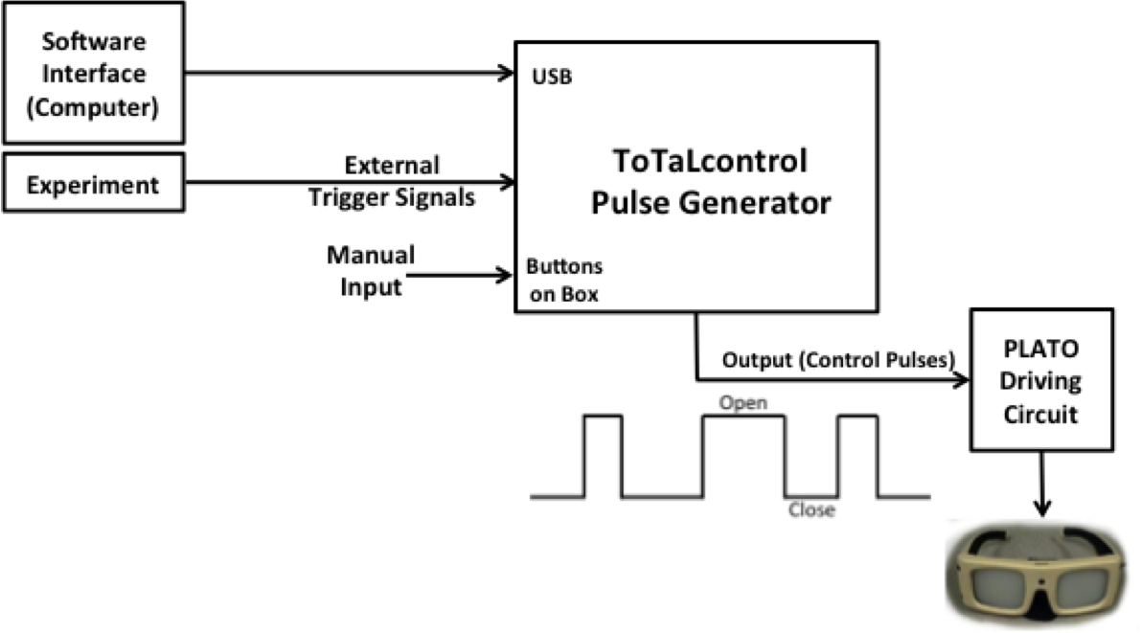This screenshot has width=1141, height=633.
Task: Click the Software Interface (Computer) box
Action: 93,75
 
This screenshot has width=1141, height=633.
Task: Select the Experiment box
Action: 93,184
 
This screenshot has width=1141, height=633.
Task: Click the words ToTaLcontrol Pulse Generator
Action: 709,182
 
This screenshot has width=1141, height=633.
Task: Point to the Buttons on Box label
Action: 564,281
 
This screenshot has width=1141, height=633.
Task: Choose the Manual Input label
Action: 371,271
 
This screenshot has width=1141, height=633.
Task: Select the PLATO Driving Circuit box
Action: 1041,380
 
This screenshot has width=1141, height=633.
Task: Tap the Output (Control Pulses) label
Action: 838,361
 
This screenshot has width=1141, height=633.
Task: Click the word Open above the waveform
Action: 744,403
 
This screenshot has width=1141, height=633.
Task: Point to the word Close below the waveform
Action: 810,510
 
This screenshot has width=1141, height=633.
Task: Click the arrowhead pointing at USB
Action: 507,73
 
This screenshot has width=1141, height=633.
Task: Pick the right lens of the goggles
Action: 1083,581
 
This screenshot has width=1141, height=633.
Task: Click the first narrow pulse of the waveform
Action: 603,455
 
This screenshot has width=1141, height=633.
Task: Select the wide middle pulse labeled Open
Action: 744,455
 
